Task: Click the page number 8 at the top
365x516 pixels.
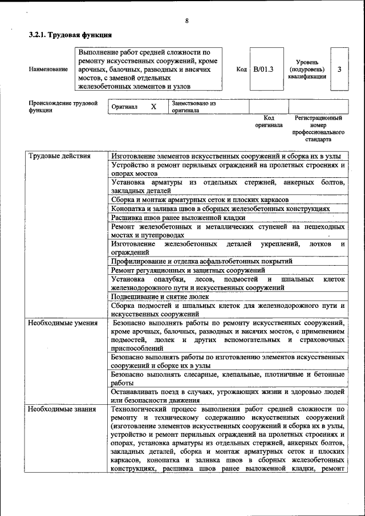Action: point(186,21)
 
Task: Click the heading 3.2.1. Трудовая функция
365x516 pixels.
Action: point(70,35)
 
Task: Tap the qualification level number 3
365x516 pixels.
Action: point(339,69)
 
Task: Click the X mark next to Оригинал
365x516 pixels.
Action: point(153,107)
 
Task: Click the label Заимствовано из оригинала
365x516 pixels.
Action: point(193,107)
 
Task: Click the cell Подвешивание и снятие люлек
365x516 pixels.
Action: point(160,296)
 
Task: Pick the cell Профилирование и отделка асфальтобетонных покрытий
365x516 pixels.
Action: point(202,261)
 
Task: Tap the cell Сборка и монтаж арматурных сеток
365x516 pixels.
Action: point(200,200)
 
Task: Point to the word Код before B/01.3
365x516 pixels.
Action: point(241,69)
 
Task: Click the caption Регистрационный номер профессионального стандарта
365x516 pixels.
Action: point(318,128)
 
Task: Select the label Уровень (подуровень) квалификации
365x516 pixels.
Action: point(307,69)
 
